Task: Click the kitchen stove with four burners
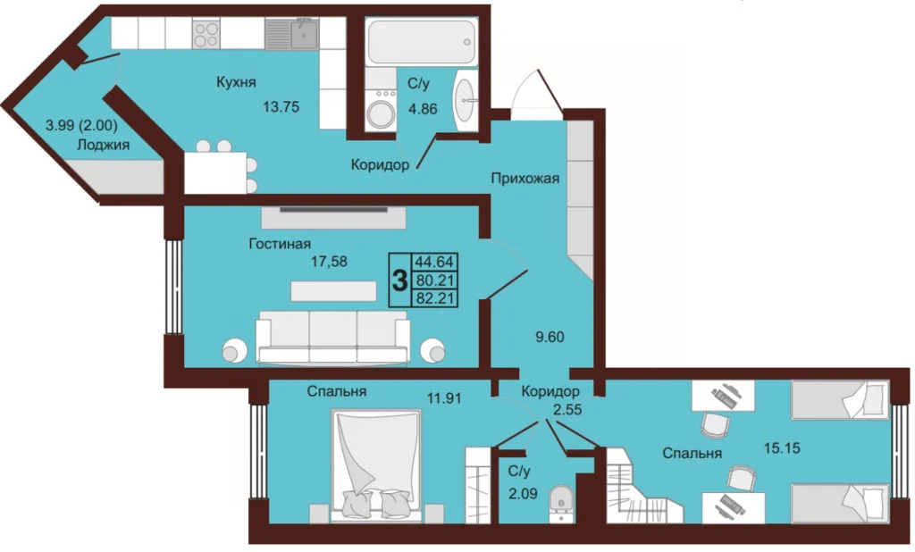(206, 33)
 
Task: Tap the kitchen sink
(304, 34)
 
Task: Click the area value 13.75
(281, 107)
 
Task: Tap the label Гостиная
(280, 243)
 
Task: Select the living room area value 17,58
(329, 262)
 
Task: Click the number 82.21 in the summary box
(434, 298)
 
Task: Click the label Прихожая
(525, 178)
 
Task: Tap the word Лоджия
(104, 145)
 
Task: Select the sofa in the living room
(332, 337)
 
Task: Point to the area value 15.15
(782, 448)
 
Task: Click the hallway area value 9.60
(550, 337)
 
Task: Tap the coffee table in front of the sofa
(334, 291)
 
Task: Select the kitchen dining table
(215, 172)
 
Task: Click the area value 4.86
(423, 109)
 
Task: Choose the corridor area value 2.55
(567, 410)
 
